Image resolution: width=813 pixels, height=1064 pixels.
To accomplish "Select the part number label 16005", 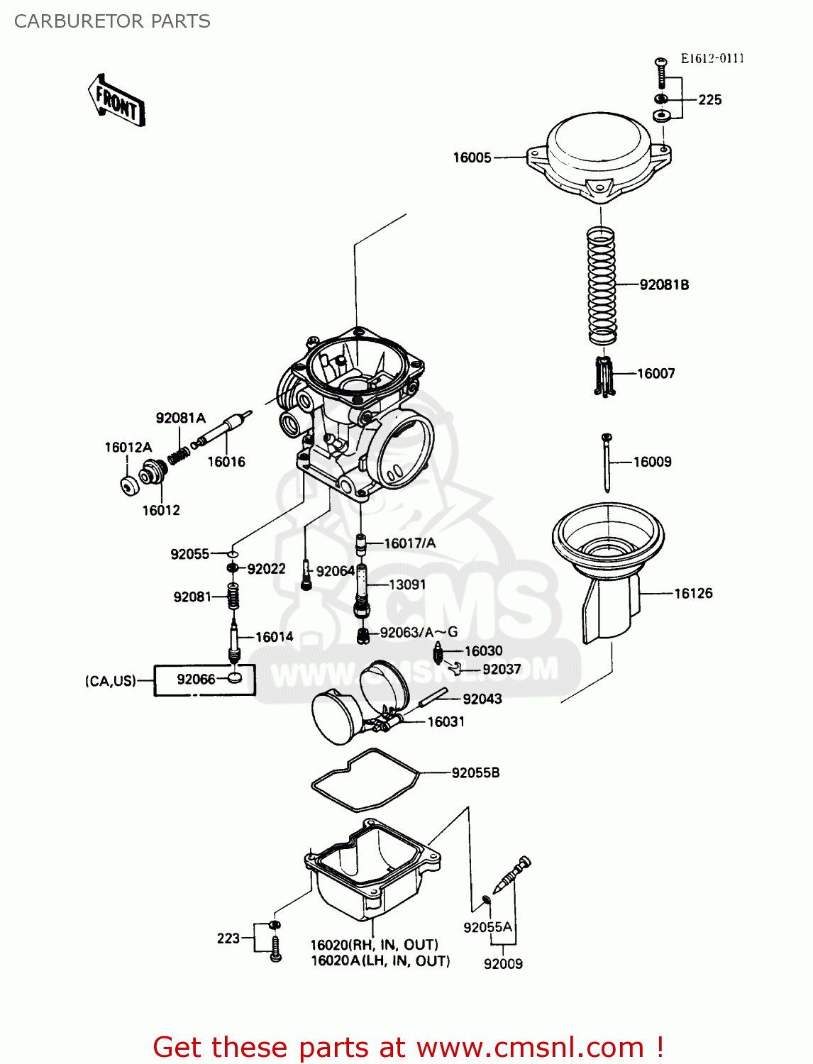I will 472,157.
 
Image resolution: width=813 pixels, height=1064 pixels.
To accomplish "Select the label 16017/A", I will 409,543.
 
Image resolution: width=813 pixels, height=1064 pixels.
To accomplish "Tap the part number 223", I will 228,938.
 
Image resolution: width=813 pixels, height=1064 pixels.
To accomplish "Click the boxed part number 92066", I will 196,680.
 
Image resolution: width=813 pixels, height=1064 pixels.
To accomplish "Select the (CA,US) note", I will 110,681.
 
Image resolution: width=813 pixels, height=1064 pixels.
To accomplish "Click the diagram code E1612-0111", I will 712,59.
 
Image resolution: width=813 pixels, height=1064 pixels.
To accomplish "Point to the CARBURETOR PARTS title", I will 112,21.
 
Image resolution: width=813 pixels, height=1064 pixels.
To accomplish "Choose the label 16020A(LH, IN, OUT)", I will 380,961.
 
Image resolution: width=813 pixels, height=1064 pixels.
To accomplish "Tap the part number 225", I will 709,100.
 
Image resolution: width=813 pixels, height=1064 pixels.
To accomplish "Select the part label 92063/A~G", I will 419,632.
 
